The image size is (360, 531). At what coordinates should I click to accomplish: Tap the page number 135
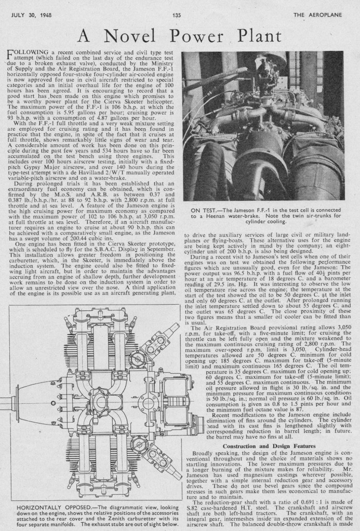[176, 16]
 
